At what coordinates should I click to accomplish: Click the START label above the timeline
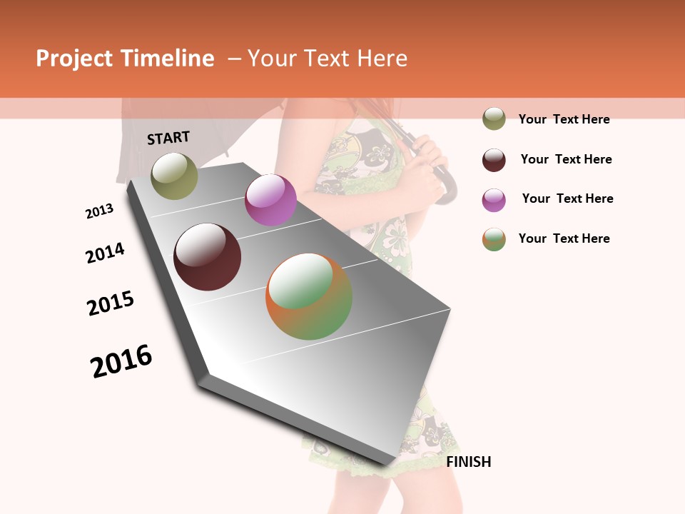coord(168,138)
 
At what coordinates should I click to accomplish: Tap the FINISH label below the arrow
coord(469,462)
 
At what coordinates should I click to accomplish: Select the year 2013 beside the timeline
coord(99,211)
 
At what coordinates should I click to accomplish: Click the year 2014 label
coord(105,253)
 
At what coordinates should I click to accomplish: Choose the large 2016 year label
coord(121,361)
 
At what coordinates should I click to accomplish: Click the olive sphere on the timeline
coord(175,176)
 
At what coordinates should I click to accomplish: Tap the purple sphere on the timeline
coord(270,200)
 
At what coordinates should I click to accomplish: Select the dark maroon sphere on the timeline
coord(207,257)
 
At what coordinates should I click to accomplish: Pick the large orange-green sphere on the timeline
coord(309,296)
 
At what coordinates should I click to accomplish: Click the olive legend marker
coord(494,119)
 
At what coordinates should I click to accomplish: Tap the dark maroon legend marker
coord(494,159)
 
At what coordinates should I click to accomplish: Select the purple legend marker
coord(494,199)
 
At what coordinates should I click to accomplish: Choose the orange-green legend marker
coord(494,239)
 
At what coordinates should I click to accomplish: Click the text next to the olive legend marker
coord(564,119)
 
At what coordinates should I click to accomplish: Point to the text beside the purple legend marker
coord(567,198)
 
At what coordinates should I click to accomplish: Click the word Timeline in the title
coord(168,59)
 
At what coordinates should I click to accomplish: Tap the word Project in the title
coord(73,59)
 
